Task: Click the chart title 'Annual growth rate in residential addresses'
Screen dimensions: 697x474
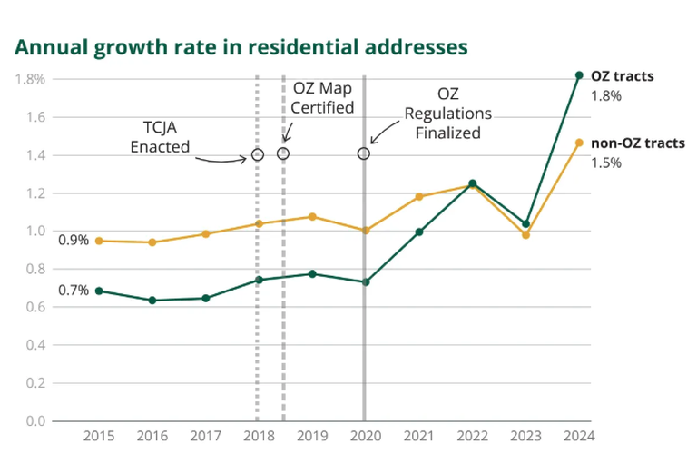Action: (241, 47)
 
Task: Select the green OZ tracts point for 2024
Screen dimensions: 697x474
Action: (579, 75)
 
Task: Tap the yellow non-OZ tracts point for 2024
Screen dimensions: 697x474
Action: (579, 143)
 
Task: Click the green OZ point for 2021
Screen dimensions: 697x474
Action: (418, 232)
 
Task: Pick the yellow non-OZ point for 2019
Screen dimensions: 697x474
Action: (312, 216)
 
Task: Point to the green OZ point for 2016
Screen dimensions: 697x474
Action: (152, 301)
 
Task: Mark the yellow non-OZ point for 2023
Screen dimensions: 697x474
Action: (525, 235)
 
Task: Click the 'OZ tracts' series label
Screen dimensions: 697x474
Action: (622, 76)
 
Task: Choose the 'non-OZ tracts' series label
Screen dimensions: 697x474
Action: (638, 143)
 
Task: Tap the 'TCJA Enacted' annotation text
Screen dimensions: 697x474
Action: (160, 137)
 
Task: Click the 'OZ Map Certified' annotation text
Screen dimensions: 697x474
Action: (322, 98)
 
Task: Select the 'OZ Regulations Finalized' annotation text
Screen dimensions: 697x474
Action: (448, 114)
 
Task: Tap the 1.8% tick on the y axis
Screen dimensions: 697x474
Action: (30, 79)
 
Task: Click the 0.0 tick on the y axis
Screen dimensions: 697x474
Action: (35, 421)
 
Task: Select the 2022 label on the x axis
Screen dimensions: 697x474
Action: (472, 436)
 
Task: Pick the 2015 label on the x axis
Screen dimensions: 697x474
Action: (99, 436)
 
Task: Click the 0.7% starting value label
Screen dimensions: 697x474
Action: (74, 291)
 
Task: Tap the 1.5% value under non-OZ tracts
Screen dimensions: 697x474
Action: (606, 163)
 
